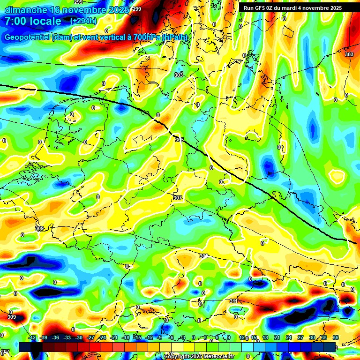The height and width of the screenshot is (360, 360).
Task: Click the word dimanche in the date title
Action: (x=26, y=10)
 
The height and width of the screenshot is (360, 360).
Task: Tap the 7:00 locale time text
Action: (x=33, y=21)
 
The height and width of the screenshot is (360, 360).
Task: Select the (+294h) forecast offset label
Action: (x=84, y=21)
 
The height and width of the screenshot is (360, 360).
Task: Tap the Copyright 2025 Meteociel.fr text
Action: (x=199, y=357)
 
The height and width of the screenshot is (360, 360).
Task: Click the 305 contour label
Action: (x=180, y=140)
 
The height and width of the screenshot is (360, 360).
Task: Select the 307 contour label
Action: (x=177, y=198)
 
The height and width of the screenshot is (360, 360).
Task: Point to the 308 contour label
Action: (x=203, y=256)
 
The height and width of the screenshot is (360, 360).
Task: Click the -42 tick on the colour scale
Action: (x=32, y=337)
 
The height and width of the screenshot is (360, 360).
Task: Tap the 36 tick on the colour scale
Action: (x=336, y=337)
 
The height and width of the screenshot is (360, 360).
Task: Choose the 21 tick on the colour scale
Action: (x=277, y=337)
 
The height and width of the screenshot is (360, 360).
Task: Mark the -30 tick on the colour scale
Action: (x=79, y=337)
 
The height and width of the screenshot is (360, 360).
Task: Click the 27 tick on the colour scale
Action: (x=301, y=337)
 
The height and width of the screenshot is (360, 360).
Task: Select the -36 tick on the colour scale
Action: (x=55, y=337)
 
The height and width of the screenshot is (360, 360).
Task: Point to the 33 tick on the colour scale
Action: (x=324, y=337)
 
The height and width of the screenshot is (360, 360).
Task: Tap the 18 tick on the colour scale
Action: (x=266, y=337)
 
